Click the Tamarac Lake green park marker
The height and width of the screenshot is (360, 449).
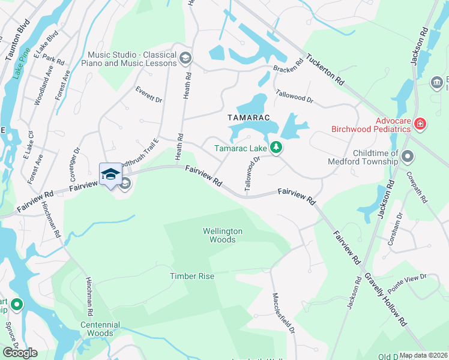point(276,147)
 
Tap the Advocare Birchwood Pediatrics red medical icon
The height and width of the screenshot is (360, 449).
point(421,125)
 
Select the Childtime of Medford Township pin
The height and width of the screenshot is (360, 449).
point(408,157)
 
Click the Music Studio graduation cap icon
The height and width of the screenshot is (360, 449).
point(185,58)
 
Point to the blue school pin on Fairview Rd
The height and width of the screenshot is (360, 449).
point(110,174)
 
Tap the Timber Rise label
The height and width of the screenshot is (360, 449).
point(191,276)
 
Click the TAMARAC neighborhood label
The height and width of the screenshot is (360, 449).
point(246,118)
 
